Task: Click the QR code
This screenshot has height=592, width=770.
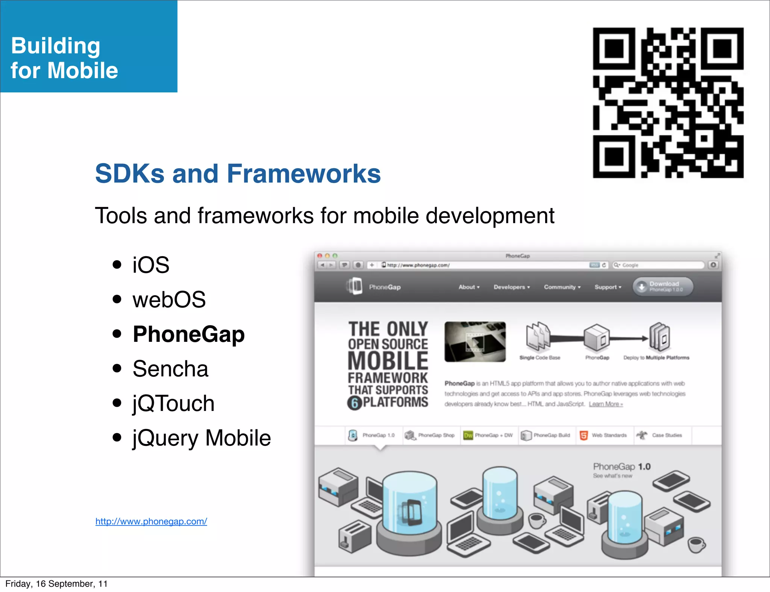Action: pos(668,103)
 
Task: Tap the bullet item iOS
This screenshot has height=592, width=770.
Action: pos(151,265)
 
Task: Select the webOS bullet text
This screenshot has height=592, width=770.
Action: pos(169,299)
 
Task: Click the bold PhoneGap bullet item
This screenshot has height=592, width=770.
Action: pos(189,334)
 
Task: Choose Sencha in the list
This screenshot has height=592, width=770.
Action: pos(170,368)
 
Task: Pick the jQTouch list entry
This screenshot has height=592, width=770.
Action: pos(173,403)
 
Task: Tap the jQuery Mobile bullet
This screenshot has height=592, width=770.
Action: pos(202,438)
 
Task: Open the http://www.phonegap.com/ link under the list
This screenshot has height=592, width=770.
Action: pos(151,521)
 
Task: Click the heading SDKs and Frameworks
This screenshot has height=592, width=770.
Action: pos(238,174)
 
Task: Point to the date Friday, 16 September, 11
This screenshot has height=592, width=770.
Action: pos(56,584)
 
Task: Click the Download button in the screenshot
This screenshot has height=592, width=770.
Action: pos(663,287)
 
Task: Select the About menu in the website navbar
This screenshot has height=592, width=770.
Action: pos(468,287)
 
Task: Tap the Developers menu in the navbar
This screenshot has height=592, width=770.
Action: pos(511,287)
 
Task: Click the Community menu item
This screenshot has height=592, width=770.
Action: pos(562,287)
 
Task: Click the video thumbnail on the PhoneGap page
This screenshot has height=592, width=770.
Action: pos(475,341)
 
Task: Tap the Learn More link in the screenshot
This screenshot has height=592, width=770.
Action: pos(606,404)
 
